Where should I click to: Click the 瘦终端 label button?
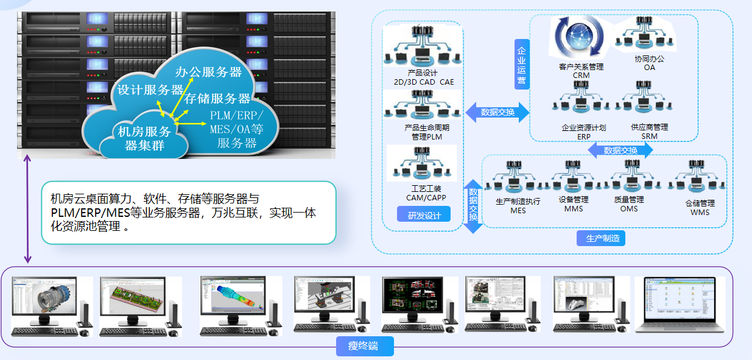coord(365,347)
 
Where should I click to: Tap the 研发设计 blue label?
coord(424,214)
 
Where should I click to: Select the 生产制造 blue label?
coord(600,238)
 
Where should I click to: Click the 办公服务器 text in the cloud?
coord(208,71)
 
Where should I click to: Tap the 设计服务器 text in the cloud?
coord(150,90)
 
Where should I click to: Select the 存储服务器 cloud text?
coord(217,98)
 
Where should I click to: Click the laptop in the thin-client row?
coord(680,305)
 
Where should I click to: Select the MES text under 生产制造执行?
coord(518,210)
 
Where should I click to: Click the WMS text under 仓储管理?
coord(700,212)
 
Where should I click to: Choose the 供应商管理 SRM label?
coord(650,132)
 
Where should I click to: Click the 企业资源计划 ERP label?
coord(583,132)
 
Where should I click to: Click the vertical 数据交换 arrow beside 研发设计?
coord(473,205)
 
